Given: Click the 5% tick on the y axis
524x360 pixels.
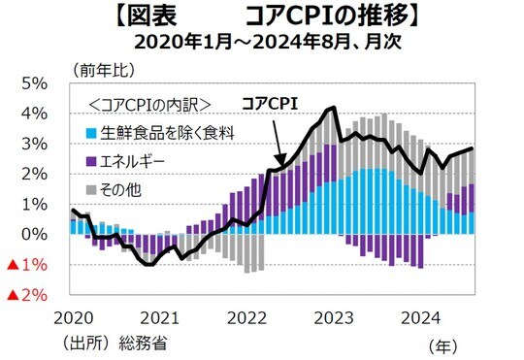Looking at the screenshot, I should point(35,83).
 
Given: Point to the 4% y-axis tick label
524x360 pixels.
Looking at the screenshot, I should point(35,114).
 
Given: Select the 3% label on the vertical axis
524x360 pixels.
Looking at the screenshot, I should point(35,144).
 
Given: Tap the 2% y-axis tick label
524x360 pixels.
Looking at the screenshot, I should point(35,174).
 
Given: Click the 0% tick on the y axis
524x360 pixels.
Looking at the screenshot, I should point(35,234).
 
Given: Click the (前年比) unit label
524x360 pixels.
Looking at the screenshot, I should point(99,69).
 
